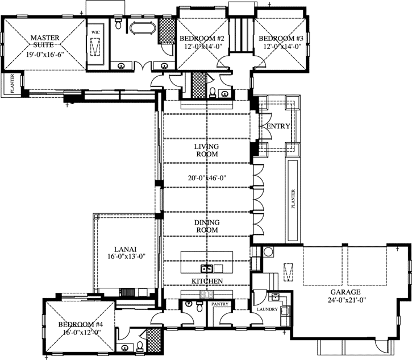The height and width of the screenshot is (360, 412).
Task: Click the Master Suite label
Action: coord(45,42)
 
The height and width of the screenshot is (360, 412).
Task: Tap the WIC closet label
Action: coord(95,32)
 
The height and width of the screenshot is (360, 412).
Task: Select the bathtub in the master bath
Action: coord(142,28)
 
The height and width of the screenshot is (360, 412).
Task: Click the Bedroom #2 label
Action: coord(202,39)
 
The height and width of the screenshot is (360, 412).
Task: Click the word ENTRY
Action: coord(278,126)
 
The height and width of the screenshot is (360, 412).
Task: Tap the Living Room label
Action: coord(207,150)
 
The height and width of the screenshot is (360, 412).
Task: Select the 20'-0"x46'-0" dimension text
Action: coord(207,178)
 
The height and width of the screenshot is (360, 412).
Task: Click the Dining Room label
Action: coord(207,226)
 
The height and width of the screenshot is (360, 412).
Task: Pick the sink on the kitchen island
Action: coord(207,268)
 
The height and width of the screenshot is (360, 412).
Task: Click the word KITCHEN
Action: coord(207,281)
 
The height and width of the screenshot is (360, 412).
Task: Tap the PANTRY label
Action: coord(220,304)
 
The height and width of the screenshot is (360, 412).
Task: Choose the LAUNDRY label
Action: coord(267,309)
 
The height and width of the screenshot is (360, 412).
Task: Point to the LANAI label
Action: coord(126,249)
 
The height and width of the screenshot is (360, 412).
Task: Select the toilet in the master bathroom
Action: coord(119,24)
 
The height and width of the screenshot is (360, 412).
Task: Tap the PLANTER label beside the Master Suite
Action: coord(13,84)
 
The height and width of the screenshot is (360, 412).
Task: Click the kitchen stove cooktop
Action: coord(207,294)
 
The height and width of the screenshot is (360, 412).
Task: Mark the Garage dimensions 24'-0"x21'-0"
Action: coord(347,300)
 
